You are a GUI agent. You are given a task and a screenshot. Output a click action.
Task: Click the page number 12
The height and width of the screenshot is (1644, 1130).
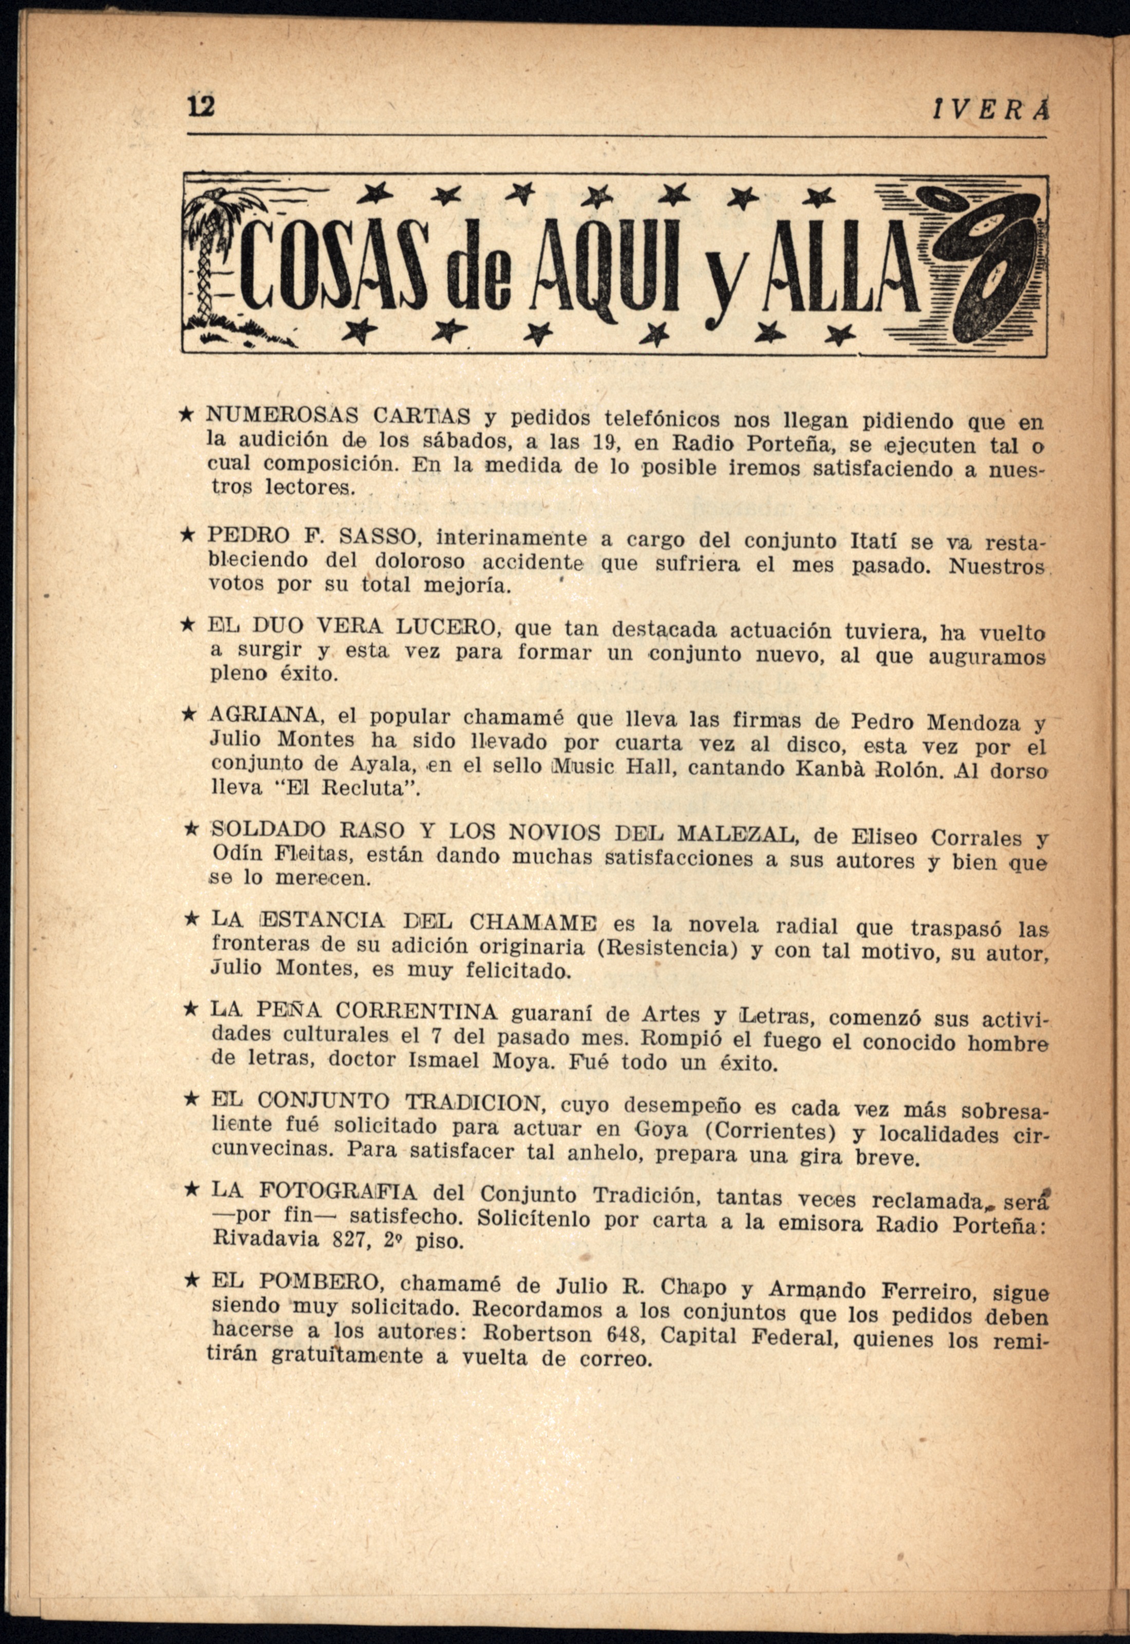tap(200, 107)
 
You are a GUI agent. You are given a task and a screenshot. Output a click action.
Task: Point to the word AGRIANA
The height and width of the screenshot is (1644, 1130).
tap(266, 716)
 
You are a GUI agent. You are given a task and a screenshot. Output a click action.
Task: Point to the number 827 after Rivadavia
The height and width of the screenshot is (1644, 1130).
tap(354, 1241)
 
